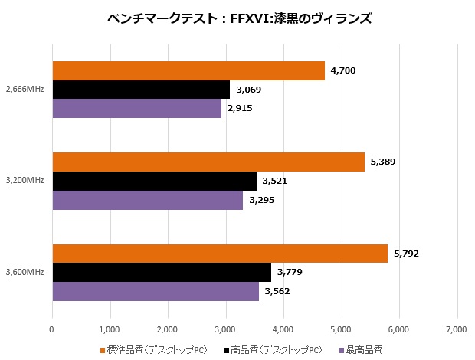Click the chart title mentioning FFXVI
(237, 18)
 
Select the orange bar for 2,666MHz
(188, 71)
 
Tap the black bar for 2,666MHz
(141, 90)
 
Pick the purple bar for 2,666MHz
(136, 108)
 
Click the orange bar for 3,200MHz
(208, 162)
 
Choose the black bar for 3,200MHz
(154, 181)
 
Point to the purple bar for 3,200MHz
(147, 200)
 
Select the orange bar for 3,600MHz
(219, 254)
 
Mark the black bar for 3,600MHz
(161, 273)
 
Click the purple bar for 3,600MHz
(155, 291)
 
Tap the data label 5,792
(406, 254)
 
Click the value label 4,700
(342, 71)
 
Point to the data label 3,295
(261, 200)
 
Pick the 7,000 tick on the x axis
(457, 329)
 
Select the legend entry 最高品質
(362, 350)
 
